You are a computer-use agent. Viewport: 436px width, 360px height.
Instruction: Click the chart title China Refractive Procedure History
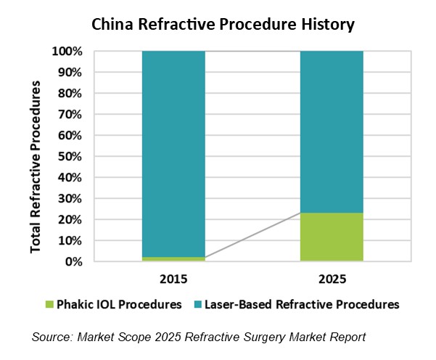coord(222,25)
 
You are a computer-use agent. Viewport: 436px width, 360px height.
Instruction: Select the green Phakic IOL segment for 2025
coord(332,237)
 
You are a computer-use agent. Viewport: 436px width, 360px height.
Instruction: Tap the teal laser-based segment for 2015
coord(173,152)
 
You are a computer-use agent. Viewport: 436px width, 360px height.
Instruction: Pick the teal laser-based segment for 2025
coord(332,131)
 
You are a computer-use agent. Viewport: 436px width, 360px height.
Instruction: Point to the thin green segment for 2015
coord(173,259)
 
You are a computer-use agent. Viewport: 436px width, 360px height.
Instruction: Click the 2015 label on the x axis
coord(173,279)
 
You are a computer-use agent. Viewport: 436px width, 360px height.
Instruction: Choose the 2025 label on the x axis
coord(332,279)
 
